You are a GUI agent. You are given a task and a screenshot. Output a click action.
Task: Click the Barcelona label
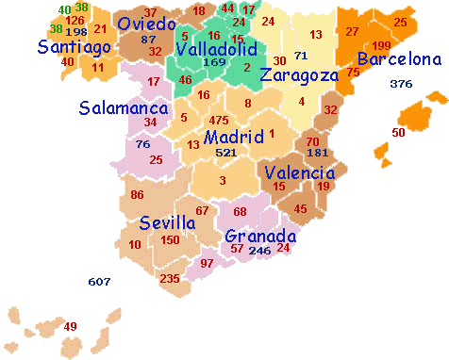click(398, 60)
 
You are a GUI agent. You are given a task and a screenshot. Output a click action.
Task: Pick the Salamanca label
click(124, 107)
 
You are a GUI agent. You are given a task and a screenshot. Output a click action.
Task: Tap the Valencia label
click(299, 172)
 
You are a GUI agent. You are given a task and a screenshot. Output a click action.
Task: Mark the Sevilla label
click(167, 223)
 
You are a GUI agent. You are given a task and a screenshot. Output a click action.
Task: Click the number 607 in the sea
click(99, 282)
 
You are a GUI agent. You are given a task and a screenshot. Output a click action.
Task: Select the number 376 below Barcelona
click(401, 84)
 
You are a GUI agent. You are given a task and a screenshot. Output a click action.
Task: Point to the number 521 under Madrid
click(225, 153)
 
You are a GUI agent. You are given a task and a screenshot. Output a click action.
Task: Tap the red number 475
click(219, 120)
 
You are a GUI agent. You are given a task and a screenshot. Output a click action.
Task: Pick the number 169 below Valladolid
click(214, 62)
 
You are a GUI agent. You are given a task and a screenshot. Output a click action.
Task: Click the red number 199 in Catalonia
click(381, 45)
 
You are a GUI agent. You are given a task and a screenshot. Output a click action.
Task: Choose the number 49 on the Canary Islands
click(70, 326)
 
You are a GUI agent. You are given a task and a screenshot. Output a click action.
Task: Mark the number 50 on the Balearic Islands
click(398, 133)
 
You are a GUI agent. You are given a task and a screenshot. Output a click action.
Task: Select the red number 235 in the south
click(170, 279)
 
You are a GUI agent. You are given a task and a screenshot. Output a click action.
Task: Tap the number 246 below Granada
click(259, 251)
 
